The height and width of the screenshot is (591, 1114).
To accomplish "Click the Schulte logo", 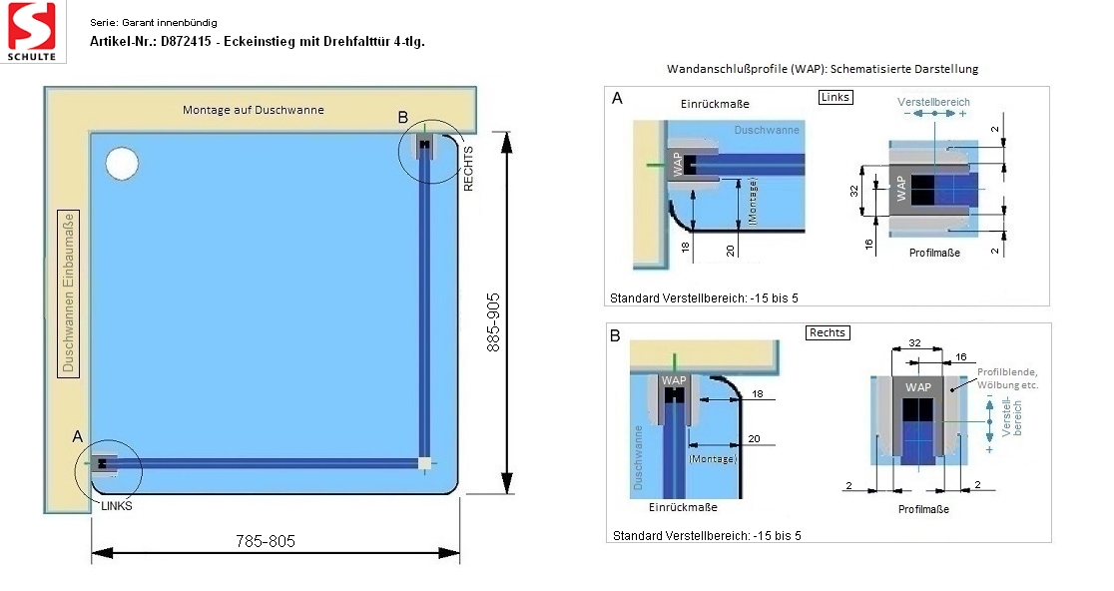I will [x=33, y=31].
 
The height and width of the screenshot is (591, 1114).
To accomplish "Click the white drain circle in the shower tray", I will [x=122, y=162].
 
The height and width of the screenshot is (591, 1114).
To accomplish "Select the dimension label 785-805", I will [x=266, y=541].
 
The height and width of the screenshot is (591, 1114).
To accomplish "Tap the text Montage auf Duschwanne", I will [x=253, y=110].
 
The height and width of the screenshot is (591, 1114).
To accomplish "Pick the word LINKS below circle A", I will [x=117, y=506].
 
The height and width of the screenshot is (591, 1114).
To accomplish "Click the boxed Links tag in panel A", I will [x=834, y=97].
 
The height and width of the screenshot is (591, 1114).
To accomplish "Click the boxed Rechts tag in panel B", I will [x=828, y=332].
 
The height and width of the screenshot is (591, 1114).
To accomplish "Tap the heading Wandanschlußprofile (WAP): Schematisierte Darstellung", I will [x=823, y=69].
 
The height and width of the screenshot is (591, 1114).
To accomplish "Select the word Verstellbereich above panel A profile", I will [x=933, y=102].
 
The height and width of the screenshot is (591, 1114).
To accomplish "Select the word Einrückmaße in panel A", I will [x=715, y=104].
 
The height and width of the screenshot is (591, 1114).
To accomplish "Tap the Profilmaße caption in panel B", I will [x=925, y=509].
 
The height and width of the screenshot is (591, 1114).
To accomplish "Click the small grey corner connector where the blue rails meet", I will [x=425, y=463].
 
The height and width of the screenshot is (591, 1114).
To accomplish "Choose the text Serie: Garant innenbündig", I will [x=153, y=22].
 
